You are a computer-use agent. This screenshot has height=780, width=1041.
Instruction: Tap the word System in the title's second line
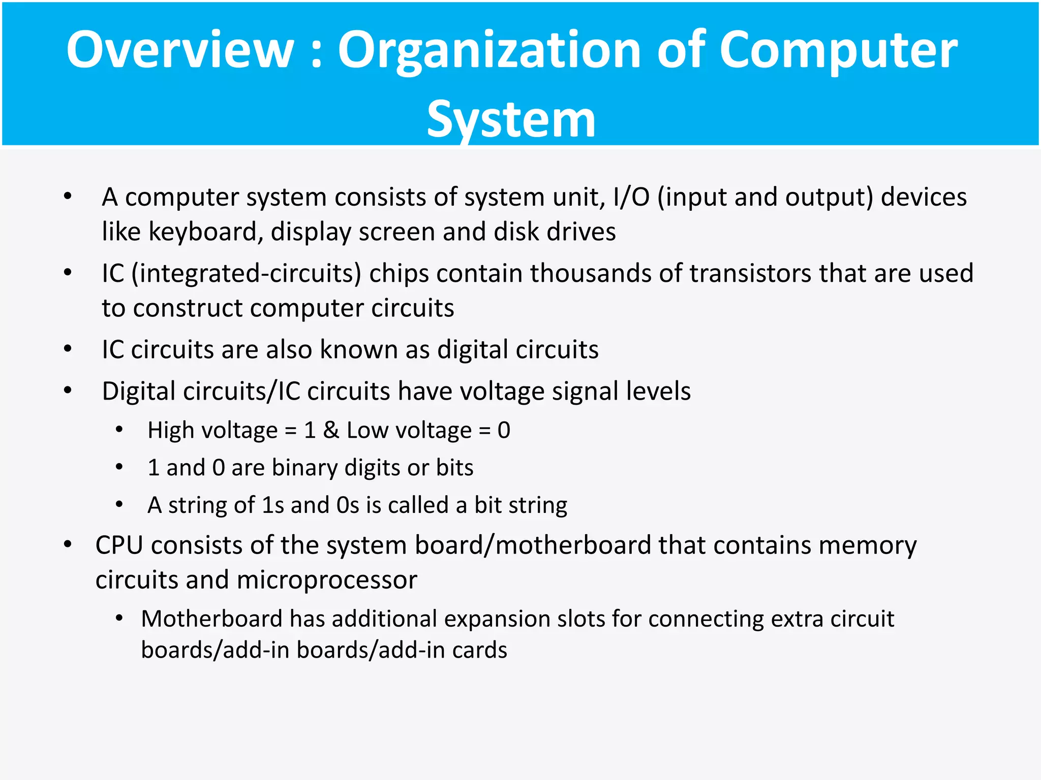coord(511,119)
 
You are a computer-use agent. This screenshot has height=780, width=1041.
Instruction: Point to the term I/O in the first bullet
coord(631,197)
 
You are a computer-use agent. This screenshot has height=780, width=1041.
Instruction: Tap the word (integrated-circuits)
coord(246,274)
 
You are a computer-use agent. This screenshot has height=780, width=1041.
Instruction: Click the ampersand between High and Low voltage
coord(330,431)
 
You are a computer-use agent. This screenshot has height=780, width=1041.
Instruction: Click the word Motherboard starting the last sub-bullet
coord(211,619)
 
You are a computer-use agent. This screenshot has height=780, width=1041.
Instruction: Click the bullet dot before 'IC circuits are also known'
coord(68,349)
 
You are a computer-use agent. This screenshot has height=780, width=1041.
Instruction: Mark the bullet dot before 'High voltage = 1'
coord(119,430)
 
